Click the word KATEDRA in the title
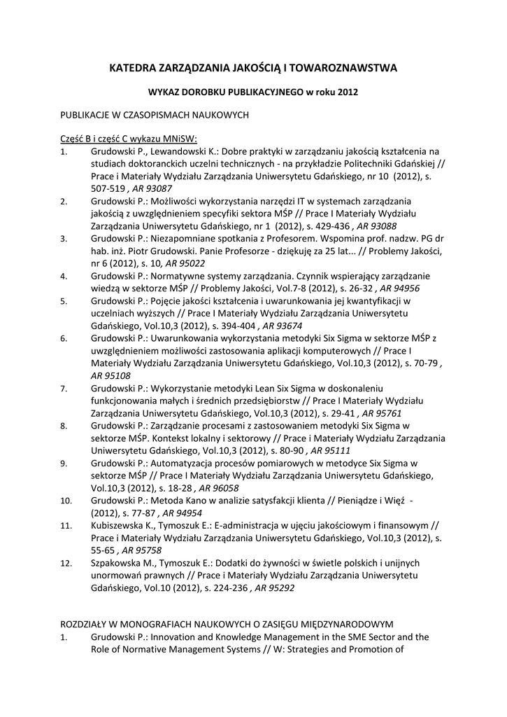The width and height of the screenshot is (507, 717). click(134, 68)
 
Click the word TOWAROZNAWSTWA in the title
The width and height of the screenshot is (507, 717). click(344, 68)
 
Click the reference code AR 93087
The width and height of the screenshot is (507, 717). click(151, 189)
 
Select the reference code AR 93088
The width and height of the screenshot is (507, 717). click(377, 227)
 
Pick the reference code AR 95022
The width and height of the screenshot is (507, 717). click(185, 264)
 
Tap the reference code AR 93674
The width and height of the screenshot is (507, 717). click(283, 326)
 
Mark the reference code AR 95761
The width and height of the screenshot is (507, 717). click(382, 414)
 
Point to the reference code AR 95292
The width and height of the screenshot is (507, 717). click(274, 589)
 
